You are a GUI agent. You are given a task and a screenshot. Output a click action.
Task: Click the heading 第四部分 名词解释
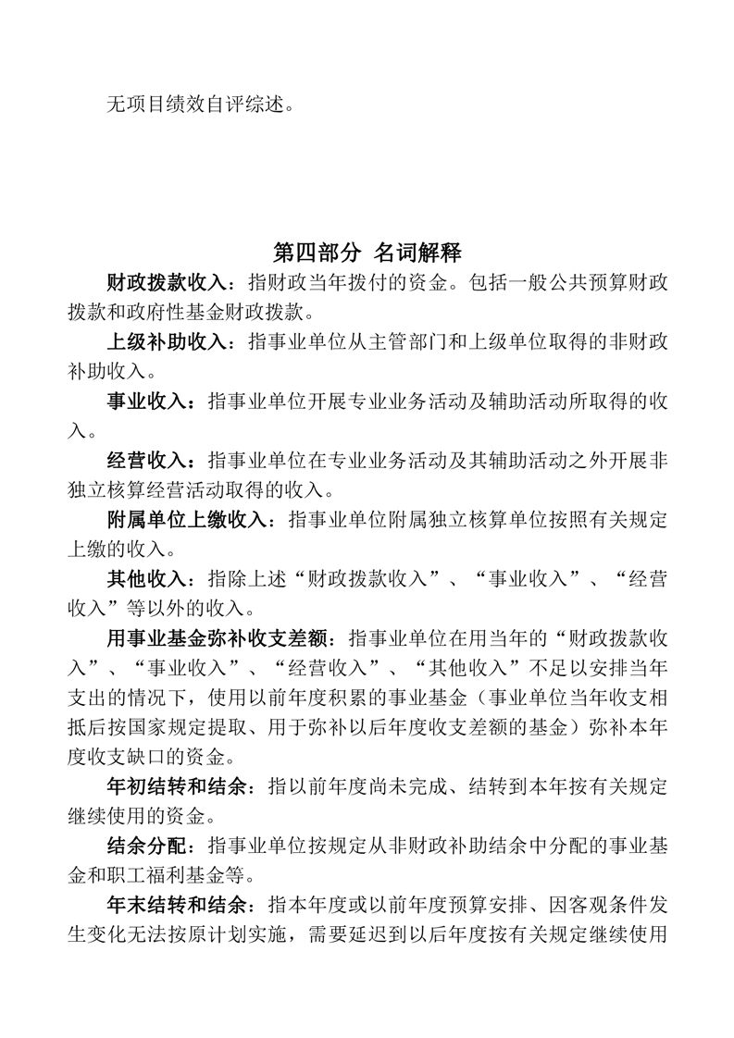(367, 252)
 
